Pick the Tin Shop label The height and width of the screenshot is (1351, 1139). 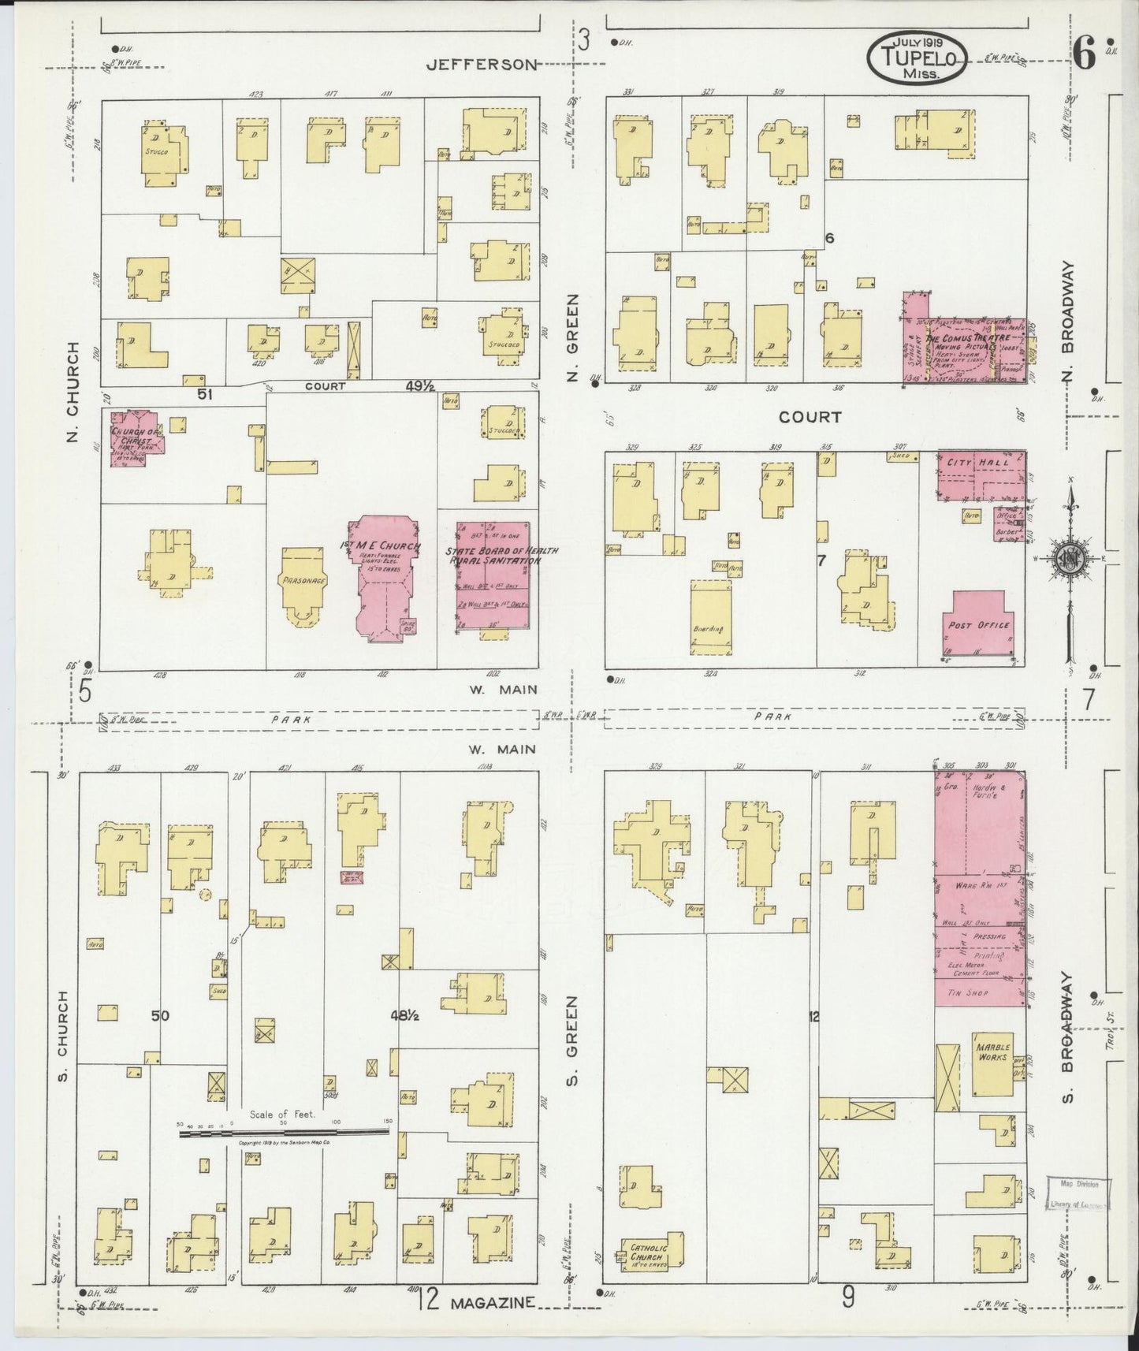(x=967, y=994)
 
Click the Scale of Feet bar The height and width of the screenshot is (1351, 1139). (x=284, y=1131)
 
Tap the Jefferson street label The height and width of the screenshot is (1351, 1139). (x=481, y=65)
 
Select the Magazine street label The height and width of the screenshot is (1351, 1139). (x=493, y=1304)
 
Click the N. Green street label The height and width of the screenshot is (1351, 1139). (x=573, y=338)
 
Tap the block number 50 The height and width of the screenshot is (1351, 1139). (x=160, y=1016)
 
